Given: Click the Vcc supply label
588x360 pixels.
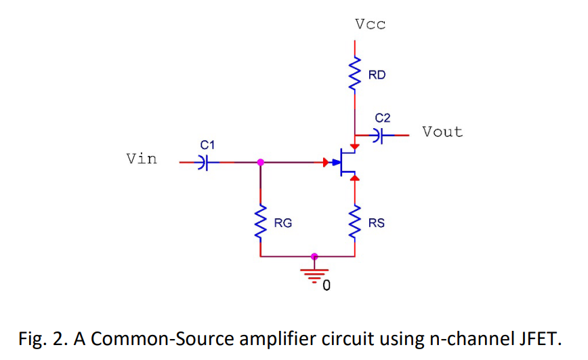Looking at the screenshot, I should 370,25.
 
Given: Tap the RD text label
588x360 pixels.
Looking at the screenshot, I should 377,75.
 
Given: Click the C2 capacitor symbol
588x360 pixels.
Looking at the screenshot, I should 379,135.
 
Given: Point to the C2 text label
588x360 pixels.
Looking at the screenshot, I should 383,119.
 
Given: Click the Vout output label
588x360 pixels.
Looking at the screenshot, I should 442,132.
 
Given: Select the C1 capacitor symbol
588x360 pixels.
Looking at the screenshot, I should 203,163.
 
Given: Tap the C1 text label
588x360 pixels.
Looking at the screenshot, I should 207,144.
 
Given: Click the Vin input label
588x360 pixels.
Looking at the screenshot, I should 141,159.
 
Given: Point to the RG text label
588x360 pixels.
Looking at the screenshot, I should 283,223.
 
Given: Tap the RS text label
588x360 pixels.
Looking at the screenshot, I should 377,223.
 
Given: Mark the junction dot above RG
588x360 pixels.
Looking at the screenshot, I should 261,163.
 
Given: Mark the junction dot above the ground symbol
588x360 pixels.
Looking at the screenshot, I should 313,257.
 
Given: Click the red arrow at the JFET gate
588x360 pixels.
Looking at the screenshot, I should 328,163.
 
